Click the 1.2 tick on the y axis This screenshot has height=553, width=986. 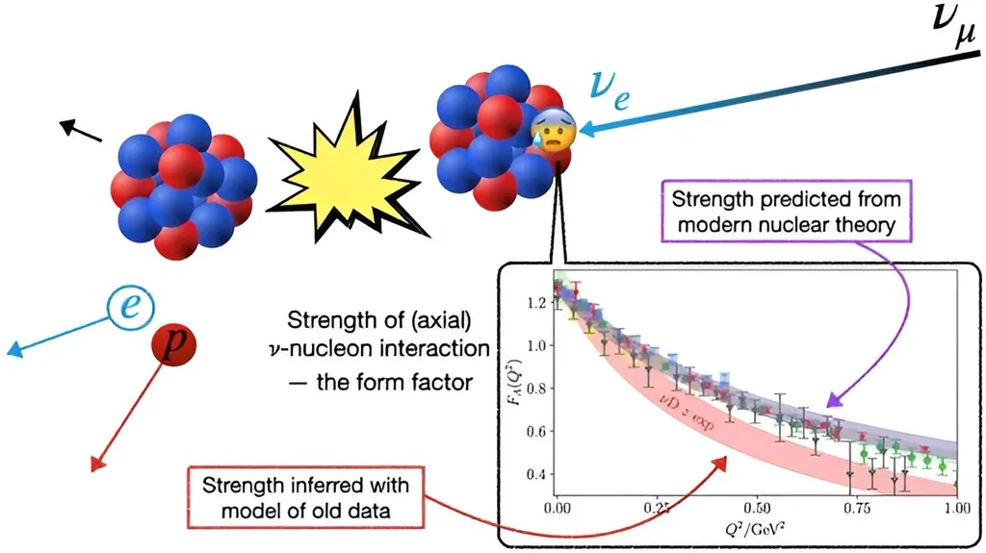click(x=537, y=303)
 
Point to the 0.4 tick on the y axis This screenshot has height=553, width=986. click(x=537, y=475)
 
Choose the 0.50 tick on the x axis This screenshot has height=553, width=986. click(x=756, y=505)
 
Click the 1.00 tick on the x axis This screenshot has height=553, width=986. click(x=953, y=505)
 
